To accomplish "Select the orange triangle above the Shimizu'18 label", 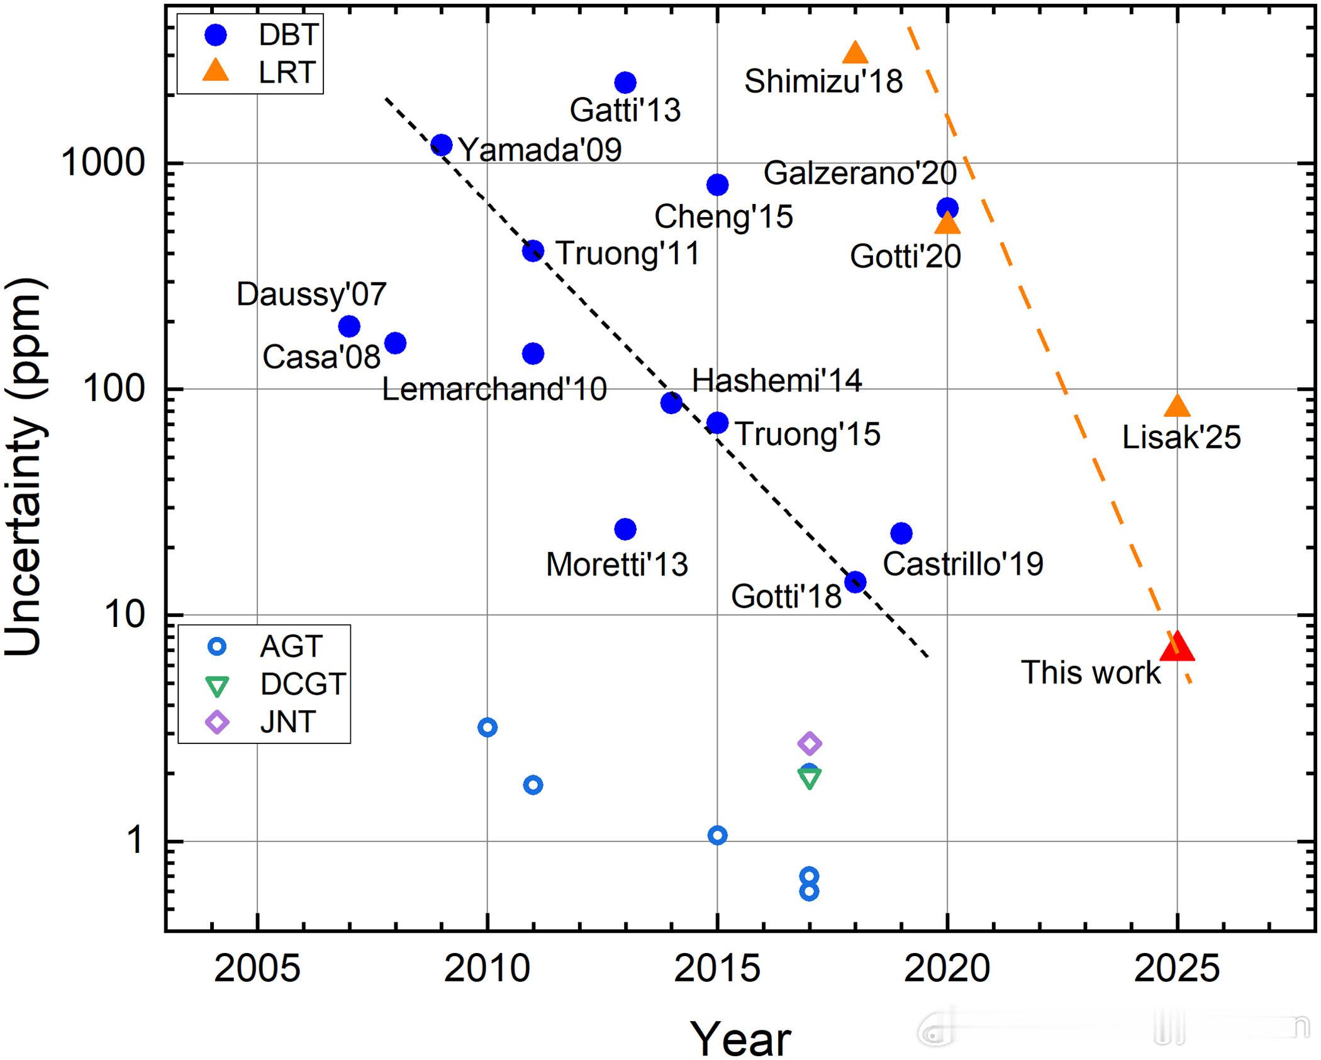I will click(855, 54).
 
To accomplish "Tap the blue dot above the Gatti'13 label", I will click(625, 82).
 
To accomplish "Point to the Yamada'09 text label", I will click(540, 150).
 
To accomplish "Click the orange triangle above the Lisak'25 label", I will click(1177, 407).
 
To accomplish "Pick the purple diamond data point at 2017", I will click(810, 743).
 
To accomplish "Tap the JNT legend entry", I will click(264, 721).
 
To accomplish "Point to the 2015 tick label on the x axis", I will click(717, 968).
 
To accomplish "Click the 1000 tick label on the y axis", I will click(103, 163).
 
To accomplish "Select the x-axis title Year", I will click(740, 1039).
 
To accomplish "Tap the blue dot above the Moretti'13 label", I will click(625, 529).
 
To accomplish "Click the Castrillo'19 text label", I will click(963, 564).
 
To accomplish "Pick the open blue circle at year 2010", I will click(488, 728).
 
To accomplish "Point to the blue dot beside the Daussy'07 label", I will click(349, 326).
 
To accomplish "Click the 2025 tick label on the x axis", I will click(1177, 968).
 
